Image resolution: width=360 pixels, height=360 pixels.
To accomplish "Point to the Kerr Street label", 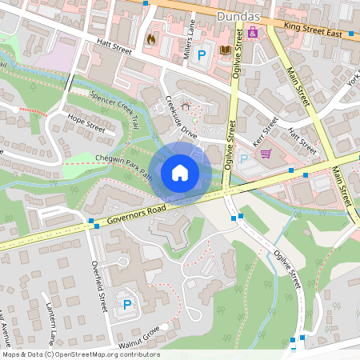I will [265, 130].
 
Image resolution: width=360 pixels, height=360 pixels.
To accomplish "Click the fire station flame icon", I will [150, 38].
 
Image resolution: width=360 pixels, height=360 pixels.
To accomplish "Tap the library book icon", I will [225, 50].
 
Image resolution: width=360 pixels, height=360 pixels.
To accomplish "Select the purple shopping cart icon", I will [266, 154].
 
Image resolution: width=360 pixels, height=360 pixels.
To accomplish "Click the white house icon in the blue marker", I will [180, 172].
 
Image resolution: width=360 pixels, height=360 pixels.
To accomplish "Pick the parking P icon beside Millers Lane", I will [202, 54].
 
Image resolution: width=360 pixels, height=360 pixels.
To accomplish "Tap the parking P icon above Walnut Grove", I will [126, 304].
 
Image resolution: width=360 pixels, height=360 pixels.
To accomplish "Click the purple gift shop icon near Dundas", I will [253, 33].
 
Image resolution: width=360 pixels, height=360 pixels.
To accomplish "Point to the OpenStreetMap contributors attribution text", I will [81, 354].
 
